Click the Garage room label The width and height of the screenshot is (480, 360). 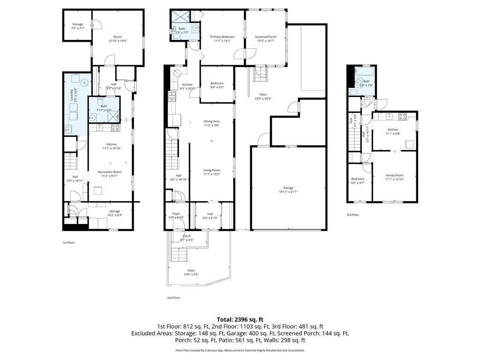[x=288, y=189]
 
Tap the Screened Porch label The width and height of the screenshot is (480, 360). [x=265, y=39]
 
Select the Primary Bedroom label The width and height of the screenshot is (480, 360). [x=222, y=39]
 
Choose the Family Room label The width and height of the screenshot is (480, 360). [x=394, y=177]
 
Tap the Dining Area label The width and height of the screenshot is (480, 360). [x=212, y=123]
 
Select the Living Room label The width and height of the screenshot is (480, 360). [x=211, y=172]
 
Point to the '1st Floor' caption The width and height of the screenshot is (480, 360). [x=68, y=243]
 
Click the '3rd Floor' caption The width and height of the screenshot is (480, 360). [x=352, y=215]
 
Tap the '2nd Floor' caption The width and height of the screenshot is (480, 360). [x=173, y=298]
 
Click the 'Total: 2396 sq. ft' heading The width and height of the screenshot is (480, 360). [x=240, y=319]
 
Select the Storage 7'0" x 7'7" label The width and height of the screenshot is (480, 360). [x=77, y=26]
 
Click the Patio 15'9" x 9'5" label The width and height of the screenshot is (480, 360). [x=191, y=272]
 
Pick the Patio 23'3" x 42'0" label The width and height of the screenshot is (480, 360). [x=263, y=96]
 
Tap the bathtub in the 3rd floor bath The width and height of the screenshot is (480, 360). [x=365, y=72]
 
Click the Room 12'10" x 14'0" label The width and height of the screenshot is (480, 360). [x=117, y=39]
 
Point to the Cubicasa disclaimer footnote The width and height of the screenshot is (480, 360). [x=240, y=350]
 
